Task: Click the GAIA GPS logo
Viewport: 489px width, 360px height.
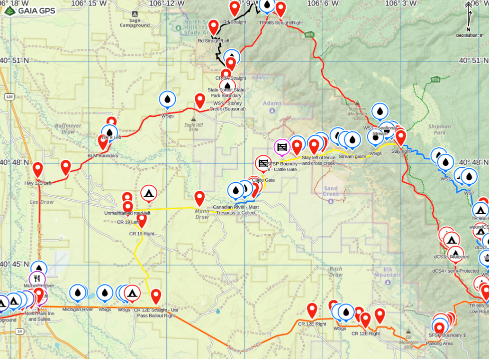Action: pyautogui.click(x=29, y=10)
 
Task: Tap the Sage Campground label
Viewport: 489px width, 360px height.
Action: pyautogui.click(x=134, y=23)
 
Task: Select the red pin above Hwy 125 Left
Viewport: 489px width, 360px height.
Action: pyautogui.click(x=38, y=170)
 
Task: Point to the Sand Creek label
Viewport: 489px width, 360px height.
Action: pyautogui.click(x=331, y=191)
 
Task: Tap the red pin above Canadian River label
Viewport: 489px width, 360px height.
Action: pyautogui.click(x=200, y=198)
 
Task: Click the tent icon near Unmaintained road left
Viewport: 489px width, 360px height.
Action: pyautogui.click(x=149, y=193)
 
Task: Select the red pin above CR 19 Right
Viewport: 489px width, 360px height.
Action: pyautogui.click(x=142, y=220)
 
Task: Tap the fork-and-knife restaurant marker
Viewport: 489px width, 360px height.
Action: pyautogui.click(x=37, y=279)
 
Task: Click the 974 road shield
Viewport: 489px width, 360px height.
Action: pyautogui.click(x=436, y=79)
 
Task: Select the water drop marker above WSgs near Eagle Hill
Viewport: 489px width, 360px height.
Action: pyautogui.click(x=167, y=99)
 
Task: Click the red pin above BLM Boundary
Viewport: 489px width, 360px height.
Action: pyautogui.click(x=103, y=142)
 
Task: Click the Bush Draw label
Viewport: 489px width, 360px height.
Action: pyautogui.click(x=336, y=272)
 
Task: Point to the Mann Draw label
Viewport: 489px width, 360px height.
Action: pyautogui.click(x=202, y=214)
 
